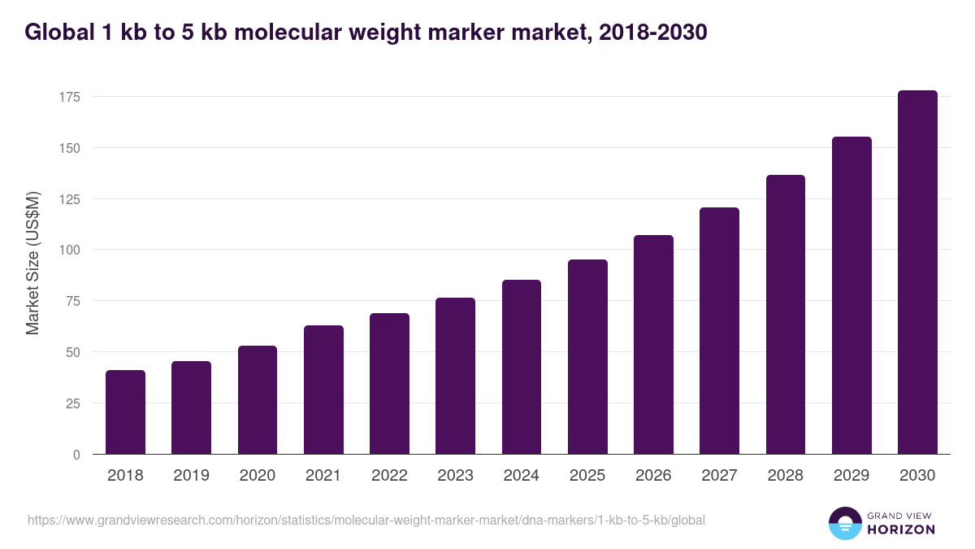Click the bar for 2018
(x=125, y=412)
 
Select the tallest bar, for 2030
(x=917, y=272)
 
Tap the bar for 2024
(x=522, y=367)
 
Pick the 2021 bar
(x=323, y=390)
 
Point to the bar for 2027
(x=719, y=331)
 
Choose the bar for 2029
(x=851, y=295)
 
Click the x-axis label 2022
(x=389, y=476)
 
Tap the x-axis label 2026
(x=653, y=476)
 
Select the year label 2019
(x=191, y=476)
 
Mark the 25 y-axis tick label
(x=73, y=403)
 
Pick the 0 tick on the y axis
(x=76, y=455)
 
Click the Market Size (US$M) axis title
(x=32, y=264)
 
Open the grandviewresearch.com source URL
(x=366, y=520)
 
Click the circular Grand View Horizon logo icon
(x=845, y=523)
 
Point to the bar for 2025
(x=587, y=357)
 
